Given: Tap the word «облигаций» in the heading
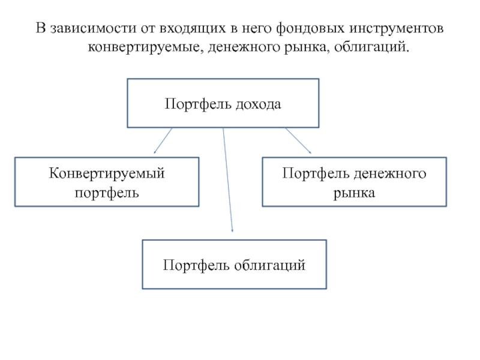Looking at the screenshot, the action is click(371, 46).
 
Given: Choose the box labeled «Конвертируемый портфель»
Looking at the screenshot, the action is click(107, 182).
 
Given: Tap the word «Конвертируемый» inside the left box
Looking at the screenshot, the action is click(107, 174).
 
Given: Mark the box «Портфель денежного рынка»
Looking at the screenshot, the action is click(355, 182).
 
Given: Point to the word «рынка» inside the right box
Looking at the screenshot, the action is click(355, 193).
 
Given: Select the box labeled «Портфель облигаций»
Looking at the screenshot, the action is click(234, 264).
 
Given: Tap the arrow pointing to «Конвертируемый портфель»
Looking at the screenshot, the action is click(163, 140).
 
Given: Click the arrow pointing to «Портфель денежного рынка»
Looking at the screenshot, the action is click(298, 140).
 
